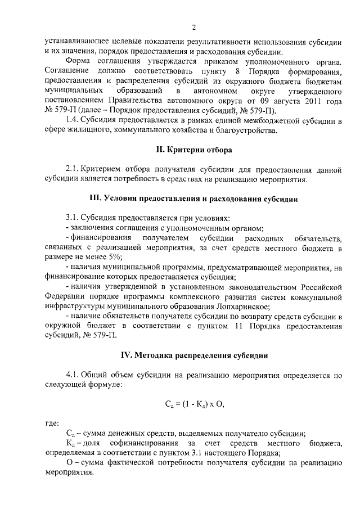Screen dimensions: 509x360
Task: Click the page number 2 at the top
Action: tap(192, 28)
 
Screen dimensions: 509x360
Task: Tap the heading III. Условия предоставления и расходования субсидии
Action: tap(193, 199)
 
